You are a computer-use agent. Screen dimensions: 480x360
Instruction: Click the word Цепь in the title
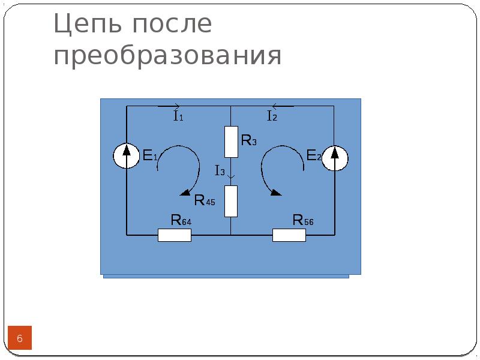[x=87, y=24]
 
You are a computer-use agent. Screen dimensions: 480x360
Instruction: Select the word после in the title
[x=172, y=23]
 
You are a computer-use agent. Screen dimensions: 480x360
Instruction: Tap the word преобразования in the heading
[x=167, y=56]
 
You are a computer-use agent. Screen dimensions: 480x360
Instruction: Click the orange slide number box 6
[x=20, y=338]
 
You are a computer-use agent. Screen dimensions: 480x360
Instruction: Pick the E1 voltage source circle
[x=127, y=155]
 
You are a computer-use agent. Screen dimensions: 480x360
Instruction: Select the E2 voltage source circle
[x=335, y=158]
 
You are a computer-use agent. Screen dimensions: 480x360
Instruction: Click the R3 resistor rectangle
[x=231, y=142]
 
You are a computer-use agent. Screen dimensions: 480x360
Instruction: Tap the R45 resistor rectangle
[x=231, y=201]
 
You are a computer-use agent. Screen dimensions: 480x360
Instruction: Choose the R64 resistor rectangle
[x=175, y=235]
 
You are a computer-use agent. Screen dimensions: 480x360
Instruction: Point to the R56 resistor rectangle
[x=289, y=235]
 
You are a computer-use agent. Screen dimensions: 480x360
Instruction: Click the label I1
[x=178, y=116]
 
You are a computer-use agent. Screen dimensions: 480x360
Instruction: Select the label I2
[x=272, y=116]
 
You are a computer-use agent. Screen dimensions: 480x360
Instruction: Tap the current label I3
[x=220, y=170]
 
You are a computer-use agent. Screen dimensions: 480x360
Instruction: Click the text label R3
[x=249, y=140]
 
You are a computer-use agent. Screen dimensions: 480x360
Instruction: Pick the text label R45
[x=205, y=200]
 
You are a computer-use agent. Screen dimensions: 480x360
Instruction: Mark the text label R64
[x=181, y=220]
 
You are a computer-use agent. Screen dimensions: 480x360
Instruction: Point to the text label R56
[x=303, y=220]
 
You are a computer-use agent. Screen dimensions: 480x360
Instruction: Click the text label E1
[x=150, y=155]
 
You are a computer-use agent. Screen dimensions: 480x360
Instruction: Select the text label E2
[x=314, y=155]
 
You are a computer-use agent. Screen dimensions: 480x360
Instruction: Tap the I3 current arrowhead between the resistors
[x=231, y=177]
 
